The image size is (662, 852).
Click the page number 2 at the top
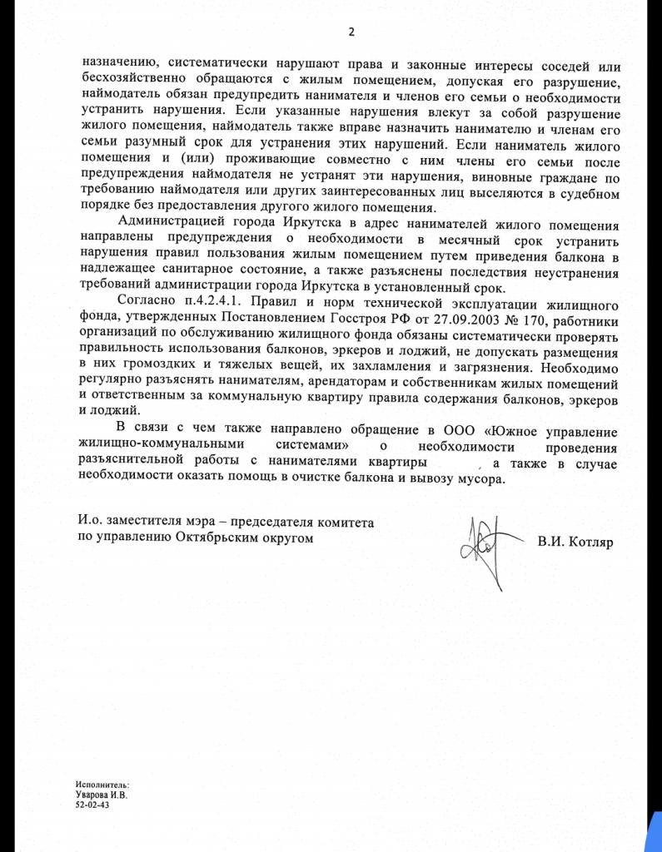351,32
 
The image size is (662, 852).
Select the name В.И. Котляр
574,542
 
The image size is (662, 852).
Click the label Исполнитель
102,785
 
